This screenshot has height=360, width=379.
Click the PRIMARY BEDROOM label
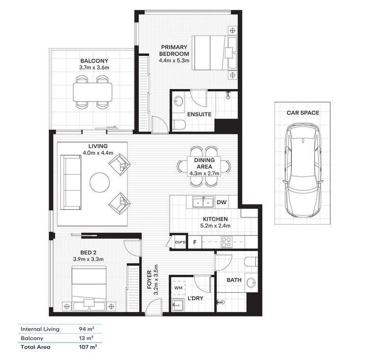174,50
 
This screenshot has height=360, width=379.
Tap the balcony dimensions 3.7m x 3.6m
94,68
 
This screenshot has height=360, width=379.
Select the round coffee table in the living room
99,182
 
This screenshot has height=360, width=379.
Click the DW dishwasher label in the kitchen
221,202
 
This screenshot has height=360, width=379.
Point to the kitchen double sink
203,202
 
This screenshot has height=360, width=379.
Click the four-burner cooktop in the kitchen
227,242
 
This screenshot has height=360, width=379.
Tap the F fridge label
195,242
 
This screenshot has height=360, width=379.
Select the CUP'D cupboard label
180,242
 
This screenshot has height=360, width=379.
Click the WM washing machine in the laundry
179,288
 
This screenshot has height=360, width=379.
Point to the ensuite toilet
179,125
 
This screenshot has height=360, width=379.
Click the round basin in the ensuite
179,101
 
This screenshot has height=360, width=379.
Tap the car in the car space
303,170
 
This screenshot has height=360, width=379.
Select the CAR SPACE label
303,113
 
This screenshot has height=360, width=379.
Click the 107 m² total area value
88,347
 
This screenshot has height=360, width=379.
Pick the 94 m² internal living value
87,329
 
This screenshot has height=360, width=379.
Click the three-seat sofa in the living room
71,182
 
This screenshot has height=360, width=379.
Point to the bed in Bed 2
89,288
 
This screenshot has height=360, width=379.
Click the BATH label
234,280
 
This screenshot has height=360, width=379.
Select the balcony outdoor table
92,92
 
